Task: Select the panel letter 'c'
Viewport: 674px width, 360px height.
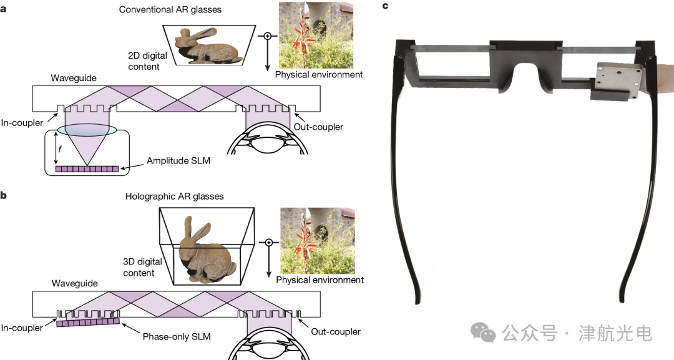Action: point(385,6)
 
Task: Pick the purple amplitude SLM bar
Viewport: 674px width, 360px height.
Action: point(87,168)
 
